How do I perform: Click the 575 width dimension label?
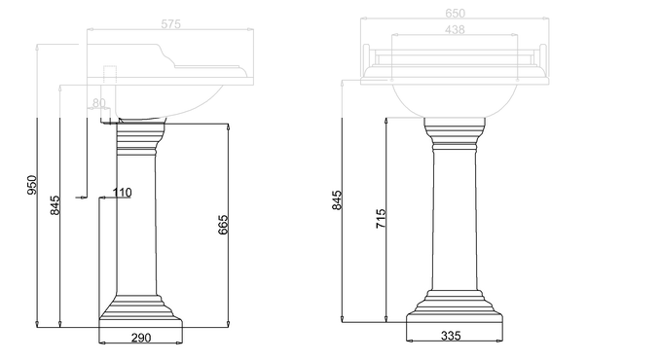point(171,24)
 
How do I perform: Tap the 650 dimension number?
point(455,14)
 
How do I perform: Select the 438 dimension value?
point(455,30)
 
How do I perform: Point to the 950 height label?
point(32,185)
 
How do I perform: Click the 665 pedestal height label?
point(223,225)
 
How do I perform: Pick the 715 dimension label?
point(381,219)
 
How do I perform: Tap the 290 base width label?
point(141,338)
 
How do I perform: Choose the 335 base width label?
point(451,336)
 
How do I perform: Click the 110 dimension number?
point(122,193)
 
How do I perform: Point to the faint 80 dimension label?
point(99,102)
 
